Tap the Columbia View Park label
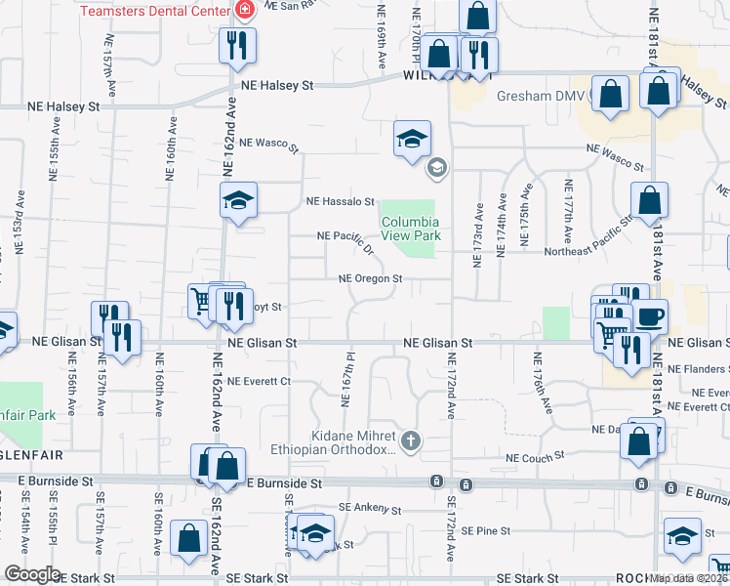(411, 229)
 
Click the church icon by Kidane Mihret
(411, 441)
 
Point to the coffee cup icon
(651, 316)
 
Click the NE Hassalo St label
(341, 202)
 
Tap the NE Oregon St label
(370, 279)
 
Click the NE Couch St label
(536, 456)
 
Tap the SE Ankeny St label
(370, 509)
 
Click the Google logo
(32, 574)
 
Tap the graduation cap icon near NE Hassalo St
(238, 201)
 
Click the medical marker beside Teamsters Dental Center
(244, 11)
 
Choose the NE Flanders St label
(697, 369)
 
